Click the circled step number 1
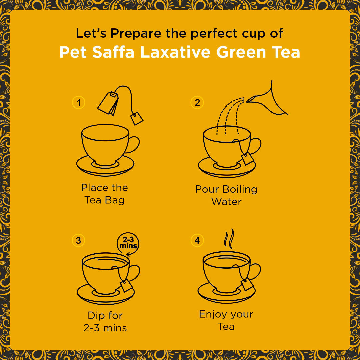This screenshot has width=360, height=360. (79, 103)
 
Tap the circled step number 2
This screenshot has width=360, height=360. (197, 103)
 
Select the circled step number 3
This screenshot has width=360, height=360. (78, 240)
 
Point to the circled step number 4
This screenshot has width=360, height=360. (197, 240)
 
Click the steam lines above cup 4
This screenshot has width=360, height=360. (228, 237)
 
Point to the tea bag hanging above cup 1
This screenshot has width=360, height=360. (108, 103)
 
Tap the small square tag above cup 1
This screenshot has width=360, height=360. (137, 118)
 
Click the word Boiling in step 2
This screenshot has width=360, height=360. (240, 189)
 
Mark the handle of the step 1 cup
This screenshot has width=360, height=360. (134, 144)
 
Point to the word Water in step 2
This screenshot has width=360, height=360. (226, 201)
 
